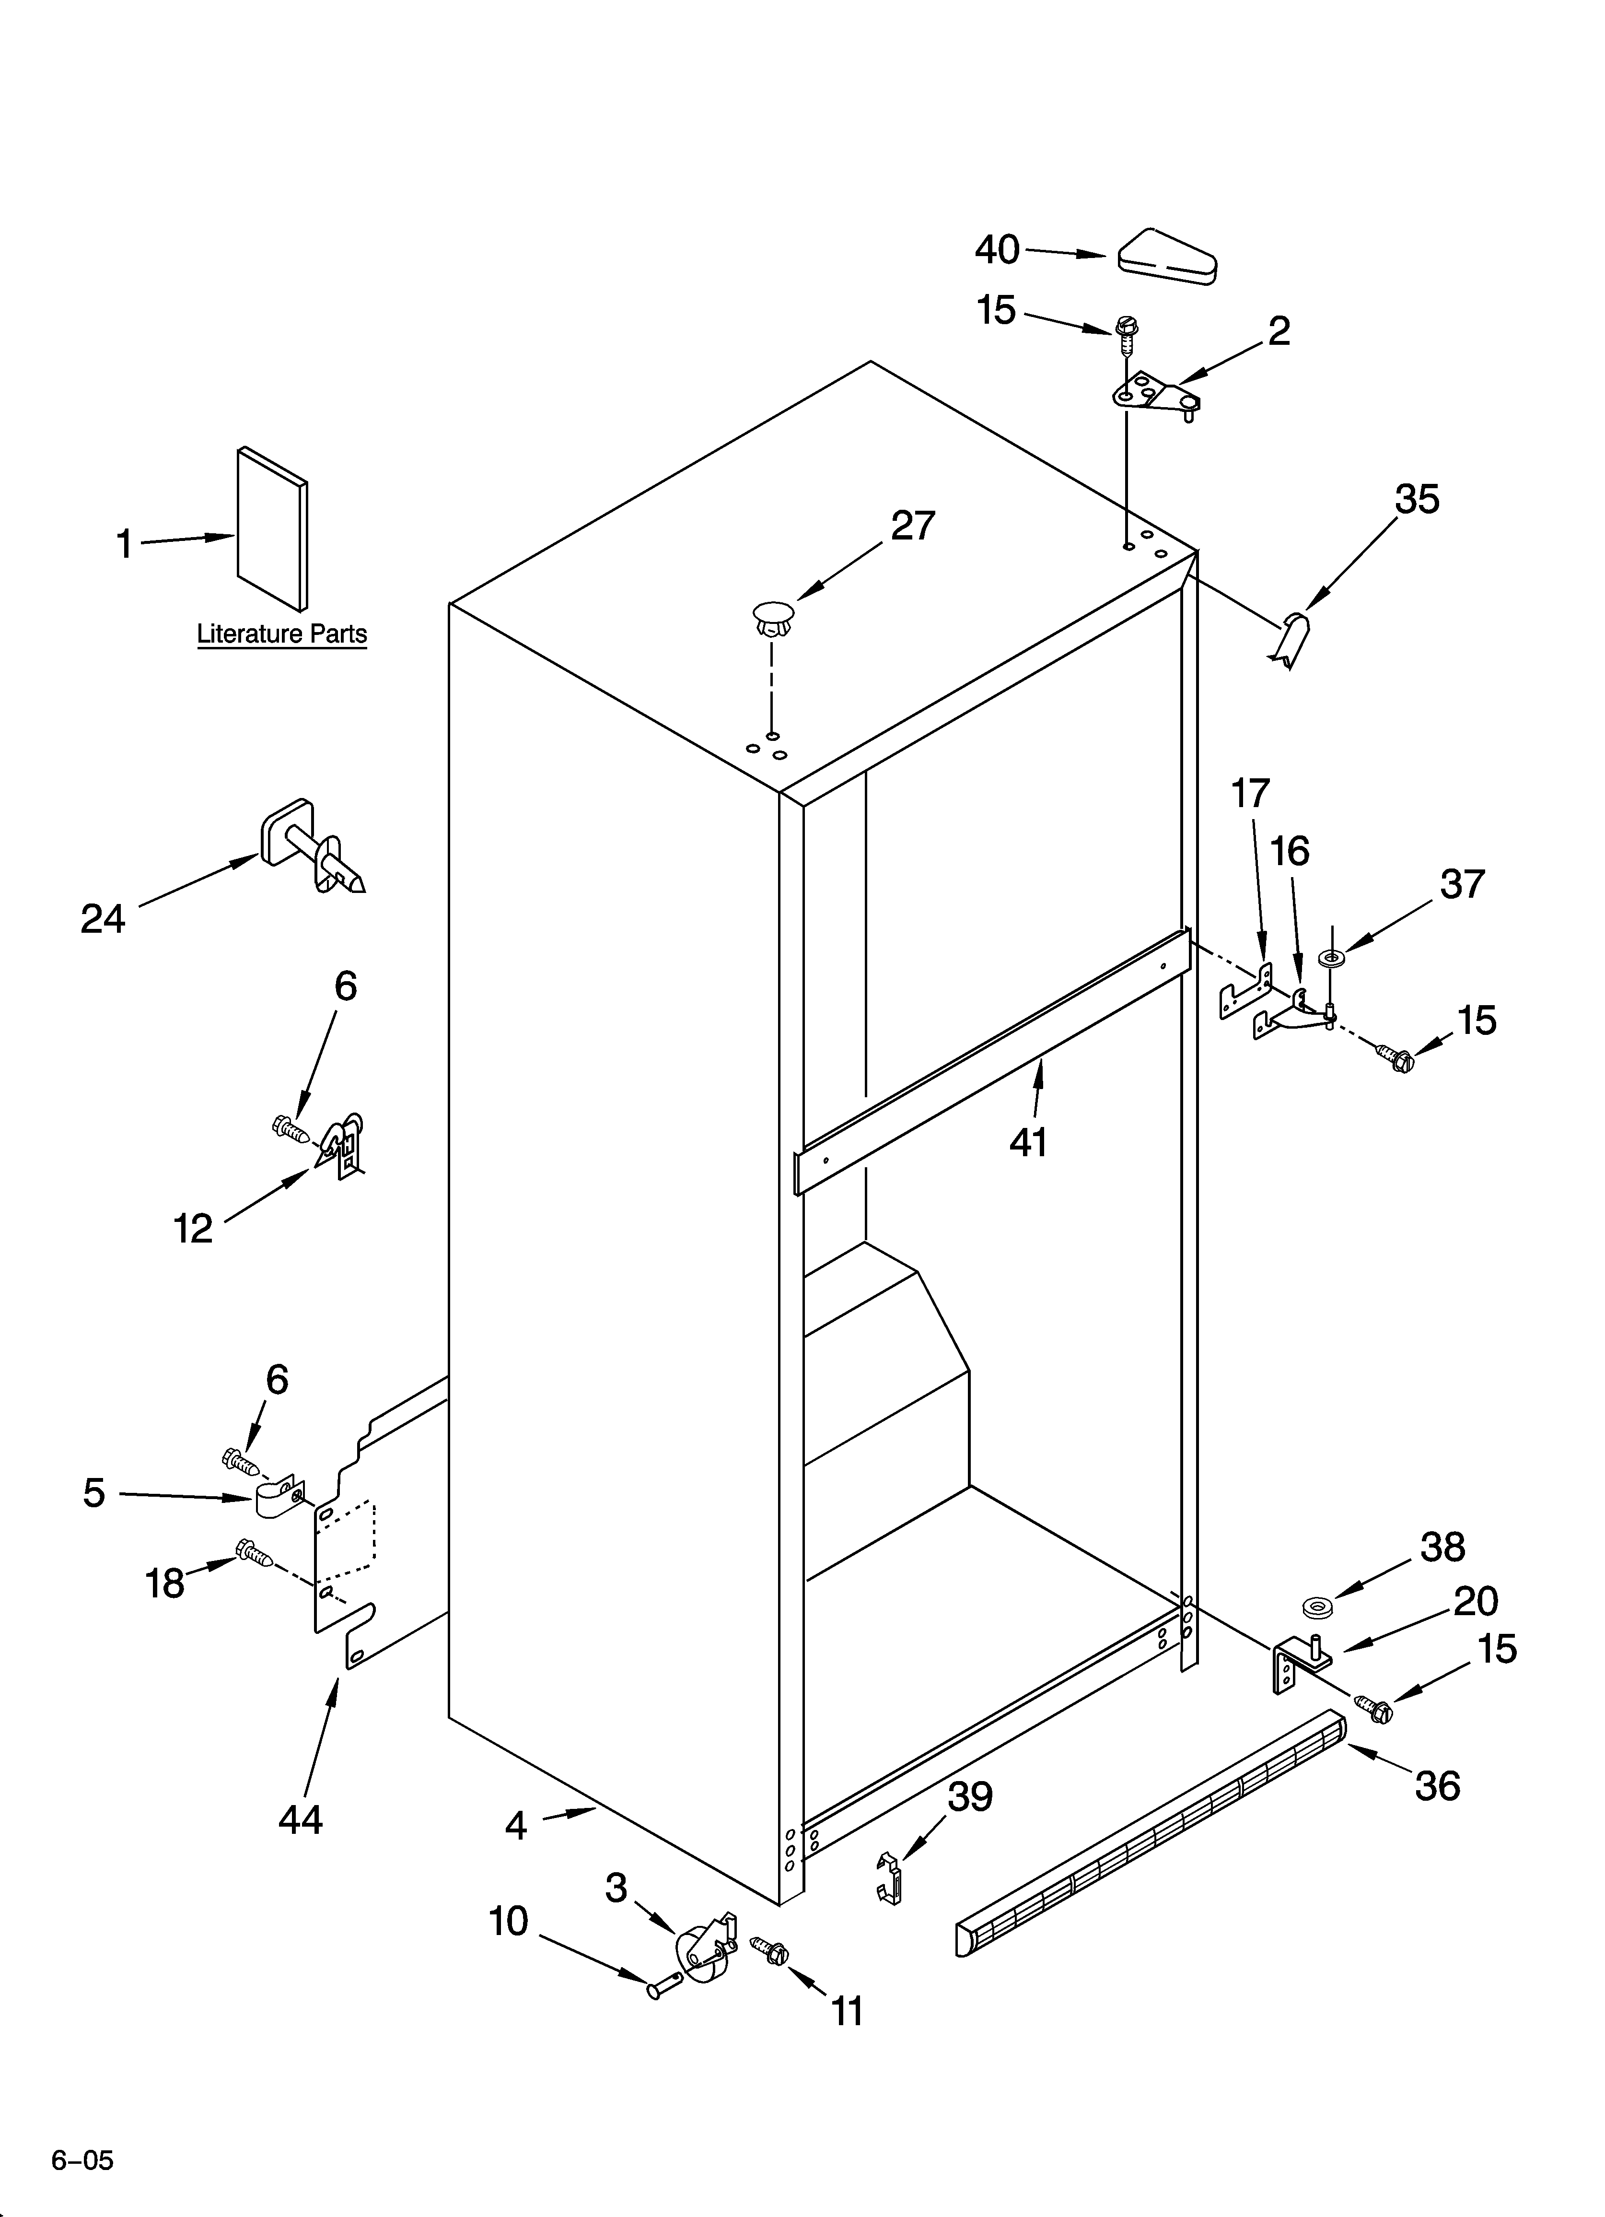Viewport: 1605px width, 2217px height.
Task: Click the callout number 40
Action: pos(997,250)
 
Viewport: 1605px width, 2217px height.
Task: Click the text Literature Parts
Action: pos(281,634)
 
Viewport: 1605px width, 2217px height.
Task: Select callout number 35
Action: pos(1416,500)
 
